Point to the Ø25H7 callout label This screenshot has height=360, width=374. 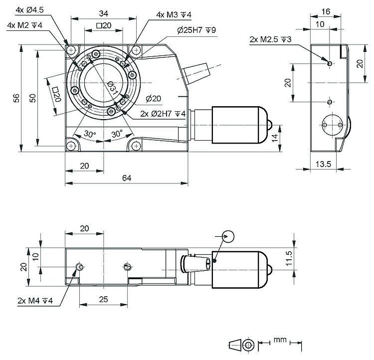pyautogui.click(x=196, y=30)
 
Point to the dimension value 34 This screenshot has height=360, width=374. pyautogui.click(x=104, y=12)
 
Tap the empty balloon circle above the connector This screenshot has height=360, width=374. pyautogui.click(x=228, y=236)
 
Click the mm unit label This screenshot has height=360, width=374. pyautogui.click(x=280, y=341)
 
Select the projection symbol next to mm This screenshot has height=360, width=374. pyautogui.click(x=242, y=345)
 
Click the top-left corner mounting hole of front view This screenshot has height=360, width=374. pyautogui.click(x=71, y=50)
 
